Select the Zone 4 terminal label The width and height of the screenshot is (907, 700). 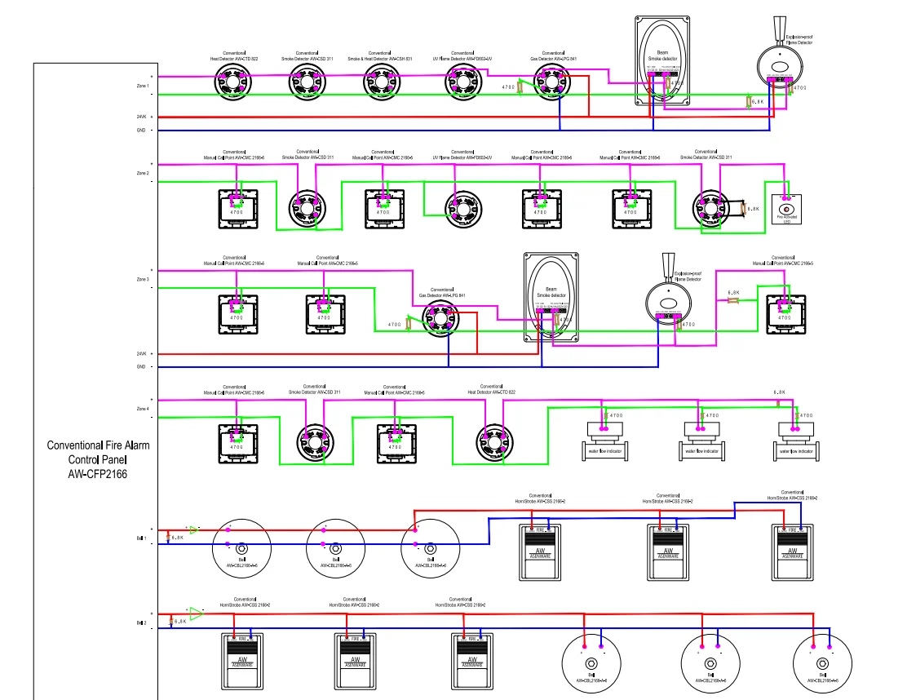(143, 408)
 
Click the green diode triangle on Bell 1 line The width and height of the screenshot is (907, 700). (193, 529)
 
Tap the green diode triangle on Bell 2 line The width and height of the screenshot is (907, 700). (195, 609)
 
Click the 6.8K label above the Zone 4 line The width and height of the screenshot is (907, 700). (780, 392)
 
